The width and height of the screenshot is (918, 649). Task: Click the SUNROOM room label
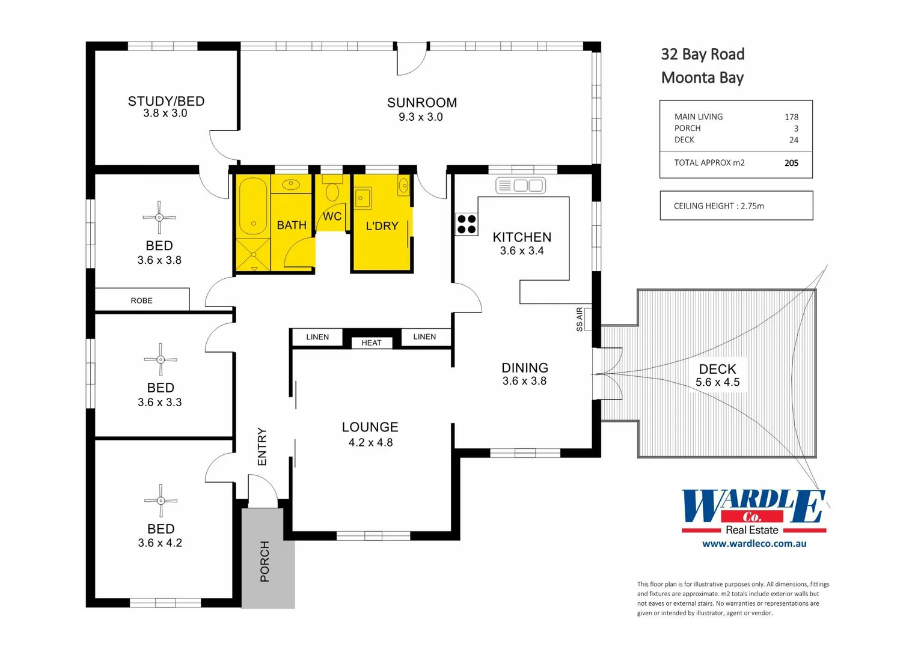(x=421, y=103)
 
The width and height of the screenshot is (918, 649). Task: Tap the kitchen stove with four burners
(x=467, y=224)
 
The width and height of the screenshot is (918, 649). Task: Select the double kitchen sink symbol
(x=521, y=186)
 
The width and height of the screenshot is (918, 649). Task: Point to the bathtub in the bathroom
(x=253, y=207)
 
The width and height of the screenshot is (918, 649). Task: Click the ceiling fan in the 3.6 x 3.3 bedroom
(x=161, y=359)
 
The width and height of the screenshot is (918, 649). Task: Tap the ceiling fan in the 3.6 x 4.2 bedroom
(x=161, y=501)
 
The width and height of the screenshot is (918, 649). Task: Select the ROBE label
(x=142, y=300)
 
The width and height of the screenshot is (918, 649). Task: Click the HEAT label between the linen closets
(x=372, y=343)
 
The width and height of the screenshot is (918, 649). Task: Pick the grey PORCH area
(x=268, y=559)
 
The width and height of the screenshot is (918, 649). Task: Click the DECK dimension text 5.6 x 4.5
(x=717, y=382)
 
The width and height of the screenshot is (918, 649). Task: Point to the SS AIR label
(x=580, y=319)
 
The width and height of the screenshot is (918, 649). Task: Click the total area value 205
(x=791, y=163)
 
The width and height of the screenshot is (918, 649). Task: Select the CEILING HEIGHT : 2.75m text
(x=718, y=206)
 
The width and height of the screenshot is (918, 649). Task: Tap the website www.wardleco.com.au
(x=754, y=544)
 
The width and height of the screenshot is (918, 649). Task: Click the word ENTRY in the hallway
(x=262, y=446)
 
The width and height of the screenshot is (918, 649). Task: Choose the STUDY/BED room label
(x=166, y=101)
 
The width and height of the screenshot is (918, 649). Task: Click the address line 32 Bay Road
(x=702, y=55)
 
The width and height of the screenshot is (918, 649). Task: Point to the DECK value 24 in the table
(x=794, y=140)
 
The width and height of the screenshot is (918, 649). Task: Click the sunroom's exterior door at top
(x=412, y=59)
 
